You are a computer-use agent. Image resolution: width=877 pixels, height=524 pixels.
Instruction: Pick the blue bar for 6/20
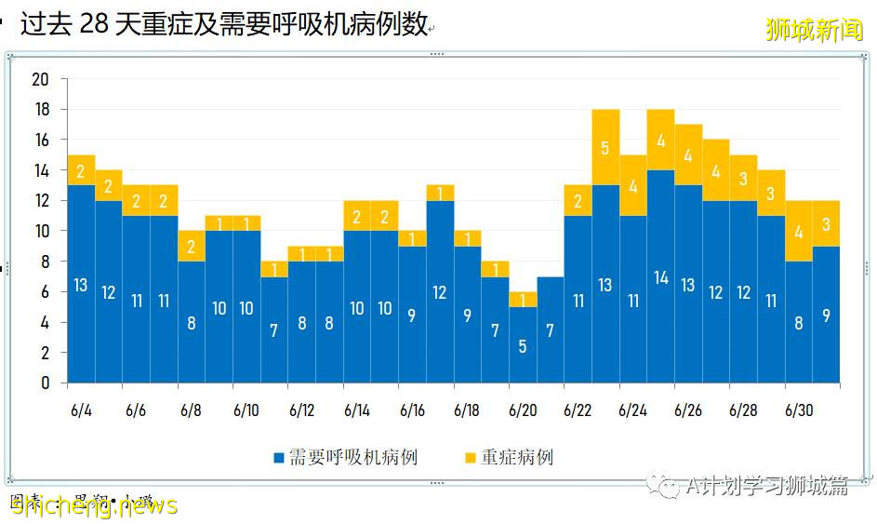click(523, 345)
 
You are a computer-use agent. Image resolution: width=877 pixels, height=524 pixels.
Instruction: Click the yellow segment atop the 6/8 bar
click(192, 246)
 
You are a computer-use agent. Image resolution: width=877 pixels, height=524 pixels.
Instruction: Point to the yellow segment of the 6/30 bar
click(799, 231)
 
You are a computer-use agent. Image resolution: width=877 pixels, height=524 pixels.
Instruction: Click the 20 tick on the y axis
click(40, 79)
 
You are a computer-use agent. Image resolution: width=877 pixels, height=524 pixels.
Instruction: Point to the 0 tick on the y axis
click(45, 383)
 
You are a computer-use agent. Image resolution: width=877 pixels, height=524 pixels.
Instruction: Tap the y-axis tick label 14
click(40, 170)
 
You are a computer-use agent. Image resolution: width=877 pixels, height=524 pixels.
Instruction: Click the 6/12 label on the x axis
click(301, 410)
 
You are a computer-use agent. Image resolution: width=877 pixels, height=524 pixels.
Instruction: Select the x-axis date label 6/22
click(578, 410)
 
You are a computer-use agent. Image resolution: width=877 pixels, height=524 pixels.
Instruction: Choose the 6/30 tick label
click(799, 410)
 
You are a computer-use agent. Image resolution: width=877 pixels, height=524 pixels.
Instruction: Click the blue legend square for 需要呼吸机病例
click(278, 458)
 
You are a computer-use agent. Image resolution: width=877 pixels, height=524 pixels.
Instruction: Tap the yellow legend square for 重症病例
click(471, 458)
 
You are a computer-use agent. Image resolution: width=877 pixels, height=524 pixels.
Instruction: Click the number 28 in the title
click(95, 25)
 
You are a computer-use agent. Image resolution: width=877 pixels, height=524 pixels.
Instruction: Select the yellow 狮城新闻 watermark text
click(814, 30)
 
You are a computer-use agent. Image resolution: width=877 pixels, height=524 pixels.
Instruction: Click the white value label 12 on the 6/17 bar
click(440, 292)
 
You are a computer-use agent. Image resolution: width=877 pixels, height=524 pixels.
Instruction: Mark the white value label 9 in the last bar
click(826, 315)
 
